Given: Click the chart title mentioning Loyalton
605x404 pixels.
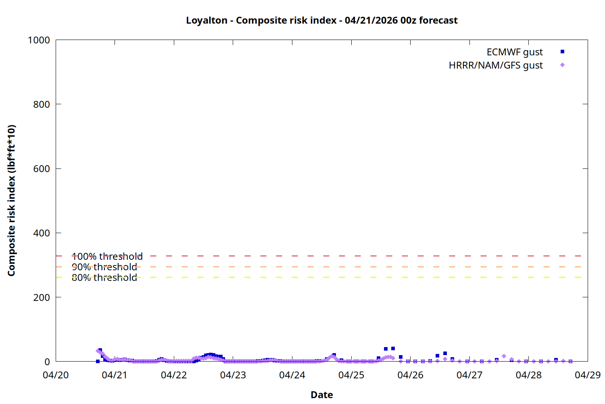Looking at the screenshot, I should pyautogui.click(x=321, y=20).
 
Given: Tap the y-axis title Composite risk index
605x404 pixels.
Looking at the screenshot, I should pyautogui.click(x=11, y=201).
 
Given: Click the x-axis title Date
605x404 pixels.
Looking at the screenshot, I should pyautogui.click(x=321, y=395).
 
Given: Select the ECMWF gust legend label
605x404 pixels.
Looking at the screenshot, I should pyautogui.click(x=514, y=52).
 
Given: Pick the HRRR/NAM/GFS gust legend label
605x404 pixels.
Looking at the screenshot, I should pyautogui.click(x=496, y=65).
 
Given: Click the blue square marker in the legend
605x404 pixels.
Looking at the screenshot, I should pyautogui.click(x=562, y=52).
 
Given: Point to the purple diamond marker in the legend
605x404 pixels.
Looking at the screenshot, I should pyautogui.click(x=562, y=65).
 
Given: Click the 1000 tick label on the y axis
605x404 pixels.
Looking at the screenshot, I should pyautogui.click(x=39, y=40).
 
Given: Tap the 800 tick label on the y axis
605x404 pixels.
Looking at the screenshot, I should pyautogui.click(x=42, y=104).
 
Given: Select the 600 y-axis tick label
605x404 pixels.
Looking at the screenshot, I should pyautogui.click(x=42, y=169).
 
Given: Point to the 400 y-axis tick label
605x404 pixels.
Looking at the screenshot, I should pyautogui.click(x=42, y=233).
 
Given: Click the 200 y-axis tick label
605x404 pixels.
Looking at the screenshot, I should pyautogui.click(x=42, y=297).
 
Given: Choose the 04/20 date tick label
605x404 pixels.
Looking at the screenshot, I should pyautogui.click(x=56, y=375).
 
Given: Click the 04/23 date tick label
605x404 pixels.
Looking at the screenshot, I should pyautogui.click(x=233, y=375).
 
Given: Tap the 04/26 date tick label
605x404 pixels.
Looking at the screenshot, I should pyautogui.click(x=410, y=375).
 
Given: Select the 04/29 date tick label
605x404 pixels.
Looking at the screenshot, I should pyautogui.click(x=588, y=375).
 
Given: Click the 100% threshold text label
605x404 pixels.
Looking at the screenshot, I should pyautogui.click(x=107, y=257).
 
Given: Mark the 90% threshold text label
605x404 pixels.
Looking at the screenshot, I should pyautogui.click(x=104, y=267).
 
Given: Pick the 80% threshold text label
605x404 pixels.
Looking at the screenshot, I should pyautogui.click(x=104, y=278).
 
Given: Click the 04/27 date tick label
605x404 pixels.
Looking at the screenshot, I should pyautogui.click(x=469, y=375).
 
